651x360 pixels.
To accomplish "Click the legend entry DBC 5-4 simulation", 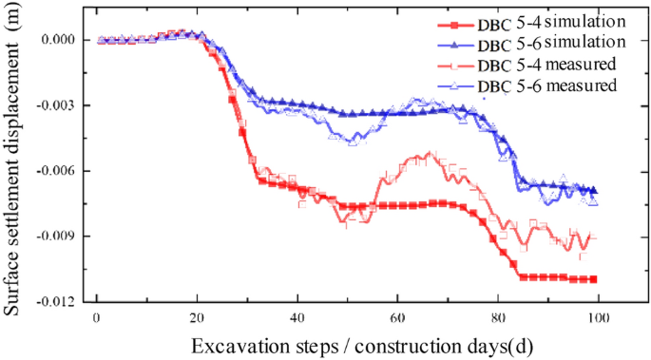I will (x=551, y=21).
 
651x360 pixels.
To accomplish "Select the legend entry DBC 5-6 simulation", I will (x=551, y=43).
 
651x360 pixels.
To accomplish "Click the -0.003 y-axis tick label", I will (x=55, y=105).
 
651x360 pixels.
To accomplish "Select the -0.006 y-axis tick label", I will (x=55, y=171).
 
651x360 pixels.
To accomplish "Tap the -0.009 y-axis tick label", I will (x=55, y=237).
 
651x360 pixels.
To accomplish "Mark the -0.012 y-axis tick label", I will (x=55, y=302).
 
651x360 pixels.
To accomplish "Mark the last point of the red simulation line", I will (x=593, y=279).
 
